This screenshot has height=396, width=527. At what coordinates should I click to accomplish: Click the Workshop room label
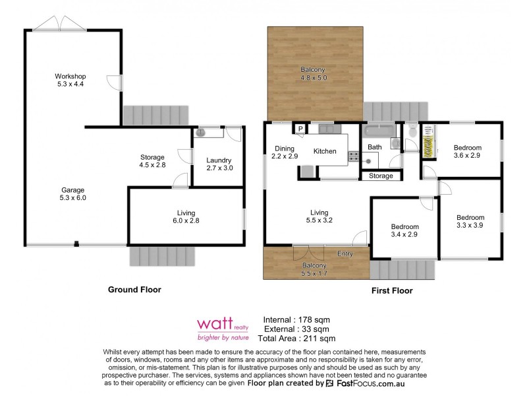pyautogui.click(x=70, y=80)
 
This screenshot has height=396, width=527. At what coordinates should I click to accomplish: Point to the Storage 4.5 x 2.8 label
pyautogui.click(x=152, y=160)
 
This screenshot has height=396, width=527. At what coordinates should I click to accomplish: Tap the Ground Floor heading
pyautogui.click(x=134, y=289)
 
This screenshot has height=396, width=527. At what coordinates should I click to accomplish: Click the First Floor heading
pyautogui.click(x=391, y=290)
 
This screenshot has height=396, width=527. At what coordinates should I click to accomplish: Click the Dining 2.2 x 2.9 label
pyautogui.click(x=285, y=152)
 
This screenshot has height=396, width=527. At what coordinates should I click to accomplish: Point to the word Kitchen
pyautogui.click(x=325, y=152)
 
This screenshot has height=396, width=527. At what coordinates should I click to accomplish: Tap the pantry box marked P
pyautogui.click(x=300, y=129)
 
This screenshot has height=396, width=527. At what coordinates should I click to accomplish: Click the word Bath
pyautogui.click(x=375, y=147)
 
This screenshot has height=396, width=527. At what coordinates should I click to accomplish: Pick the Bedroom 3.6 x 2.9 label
pyautogui.click(x=468, y=151)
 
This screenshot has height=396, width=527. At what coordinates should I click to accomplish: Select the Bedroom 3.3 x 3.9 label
pyautogui.click(x=470, y=221)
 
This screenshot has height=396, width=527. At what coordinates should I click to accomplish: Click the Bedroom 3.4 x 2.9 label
pyautogui.click(x=404, y=231)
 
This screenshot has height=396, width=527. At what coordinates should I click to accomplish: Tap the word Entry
pyautogui.click(x=345, y=253)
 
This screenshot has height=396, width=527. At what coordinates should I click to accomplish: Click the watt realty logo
pyautogui.click(x=223, y=327)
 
